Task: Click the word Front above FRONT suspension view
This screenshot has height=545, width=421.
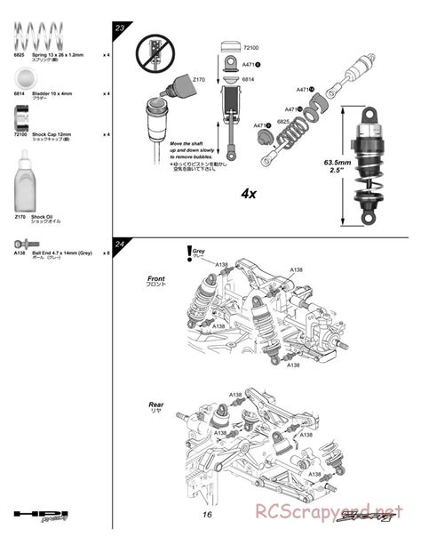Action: coord(155,279)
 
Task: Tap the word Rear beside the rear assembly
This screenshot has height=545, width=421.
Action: coord(155,405)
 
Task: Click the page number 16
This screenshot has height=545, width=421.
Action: coord(205,515)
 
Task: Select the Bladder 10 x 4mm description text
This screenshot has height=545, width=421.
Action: coord(52,92)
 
